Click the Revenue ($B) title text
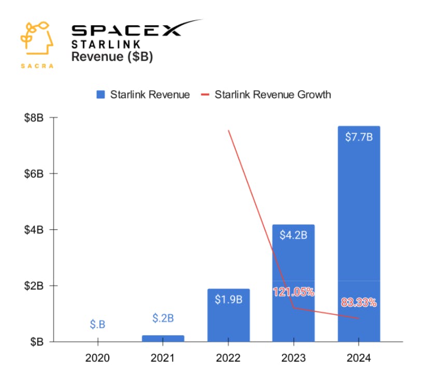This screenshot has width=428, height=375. click(x=112, y=57)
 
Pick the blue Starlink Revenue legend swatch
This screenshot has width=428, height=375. click(x=101, y=95)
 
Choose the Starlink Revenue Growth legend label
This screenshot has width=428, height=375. click(x=273, y=95)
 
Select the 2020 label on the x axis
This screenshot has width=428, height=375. click(x=97, y=358)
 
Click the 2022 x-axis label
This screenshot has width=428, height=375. click(x=228, y=358)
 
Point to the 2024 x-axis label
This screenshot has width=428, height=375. click(x=359, y=358)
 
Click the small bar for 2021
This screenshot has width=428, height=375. click(x=163, y=338)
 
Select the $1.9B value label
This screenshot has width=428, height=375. click(x=228, y=299)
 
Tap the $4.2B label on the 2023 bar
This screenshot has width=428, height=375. click(x=293, y=235)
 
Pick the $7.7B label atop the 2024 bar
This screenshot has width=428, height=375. click(x=359, y=137)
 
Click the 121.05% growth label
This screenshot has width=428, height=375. click(x=293, y=292)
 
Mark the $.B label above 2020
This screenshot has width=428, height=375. click(x=97, y=325)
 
